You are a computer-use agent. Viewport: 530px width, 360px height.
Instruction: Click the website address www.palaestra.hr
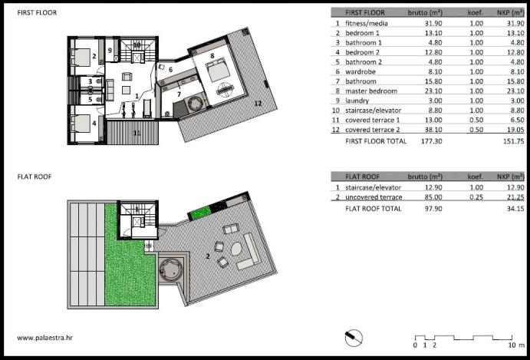45,337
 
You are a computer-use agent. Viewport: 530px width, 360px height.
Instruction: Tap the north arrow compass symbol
354,338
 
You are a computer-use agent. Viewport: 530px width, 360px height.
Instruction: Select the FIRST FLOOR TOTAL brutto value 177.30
431,140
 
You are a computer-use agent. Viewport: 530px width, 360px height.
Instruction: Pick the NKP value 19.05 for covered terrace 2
514,130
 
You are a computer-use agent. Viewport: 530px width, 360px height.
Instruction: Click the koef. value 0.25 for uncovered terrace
476,197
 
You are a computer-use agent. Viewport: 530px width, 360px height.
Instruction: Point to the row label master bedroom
371,91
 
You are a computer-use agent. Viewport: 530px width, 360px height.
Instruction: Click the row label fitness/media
367,23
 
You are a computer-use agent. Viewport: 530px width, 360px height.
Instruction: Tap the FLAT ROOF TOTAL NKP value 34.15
514,209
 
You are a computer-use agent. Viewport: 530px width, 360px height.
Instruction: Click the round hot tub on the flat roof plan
170,269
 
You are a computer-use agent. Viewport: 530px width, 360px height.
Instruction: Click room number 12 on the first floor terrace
258,104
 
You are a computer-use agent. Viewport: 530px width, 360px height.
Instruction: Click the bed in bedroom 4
81,123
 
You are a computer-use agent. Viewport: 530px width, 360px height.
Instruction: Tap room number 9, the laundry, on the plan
110,50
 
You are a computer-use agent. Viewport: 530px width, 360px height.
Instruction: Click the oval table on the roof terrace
236,250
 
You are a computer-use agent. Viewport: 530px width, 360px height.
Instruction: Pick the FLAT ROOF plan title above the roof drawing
35,177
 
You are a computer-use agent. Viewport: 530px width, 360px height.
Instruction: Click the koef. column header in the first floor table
476,13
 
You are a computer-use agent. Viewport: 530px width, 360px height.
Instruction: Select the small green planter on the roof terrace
199,214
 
